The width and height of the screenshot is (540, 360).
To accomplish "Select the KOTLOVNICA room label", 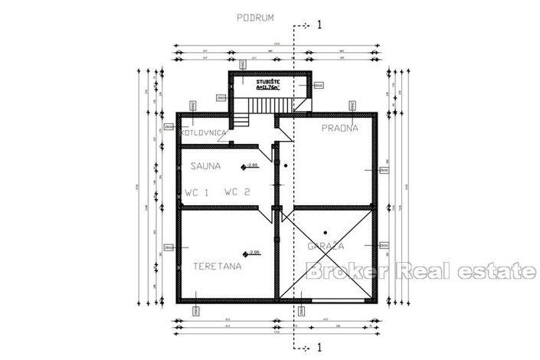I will click(x=203, y=133).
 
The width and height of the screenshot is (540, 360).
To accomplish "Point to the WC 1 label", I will click(x=197, y=193).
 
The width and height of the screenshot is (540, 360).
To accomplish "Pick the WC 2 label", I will click(x=237, y=193).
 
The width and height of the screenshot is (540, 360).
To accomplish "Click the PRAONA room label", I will click(x=339, y=129).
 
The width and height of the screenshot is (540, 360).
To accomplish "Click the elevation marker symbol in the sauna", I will click(x=244, y=166).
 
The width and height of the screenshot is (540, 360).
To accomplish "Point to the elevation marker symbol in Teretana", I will click(x=245, y=253).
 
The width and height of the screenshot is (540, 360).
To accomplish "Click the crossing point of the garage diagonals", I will click(x=326, y=254).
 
